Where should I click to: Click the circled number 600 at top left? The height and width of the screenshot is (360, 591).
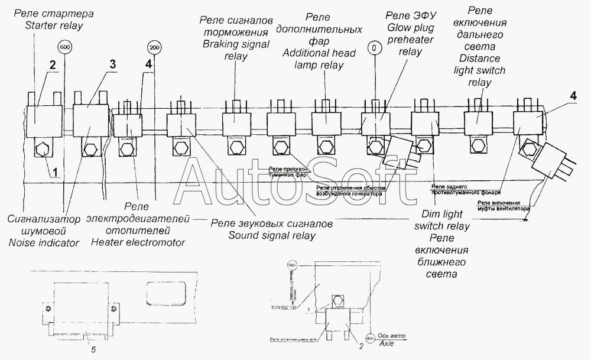pyautogui.click(x=64, y=47)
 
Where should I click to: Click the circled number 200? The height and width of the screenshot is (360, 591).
pyautogui.click(x=155, y=47)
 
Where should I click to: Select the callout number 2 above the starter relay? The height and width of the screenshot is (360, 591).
pyautogui.click(x=52, y=66)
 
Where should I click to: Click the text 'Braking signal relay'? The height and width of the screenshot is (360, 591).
pyautogui.click(x=236, y=50)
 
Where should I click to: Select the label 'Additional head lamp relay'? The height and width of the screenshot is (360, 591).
pyautogui.click(x=319, y=59)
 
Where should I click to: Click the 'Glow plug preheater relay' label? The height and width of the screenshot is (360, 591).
pyautogui.click(x=411, y=40)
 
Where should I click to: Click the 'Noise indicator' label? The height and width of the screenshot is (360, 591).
pyautogui.click(x=44, y=243)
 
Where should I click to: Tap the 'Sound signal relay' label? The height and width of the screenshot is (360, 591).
pyautogui.click(x=272, y=236)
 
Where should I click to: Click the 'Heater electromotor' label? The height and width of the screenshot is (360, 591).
pyautogui.click(x=138, y=242)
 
